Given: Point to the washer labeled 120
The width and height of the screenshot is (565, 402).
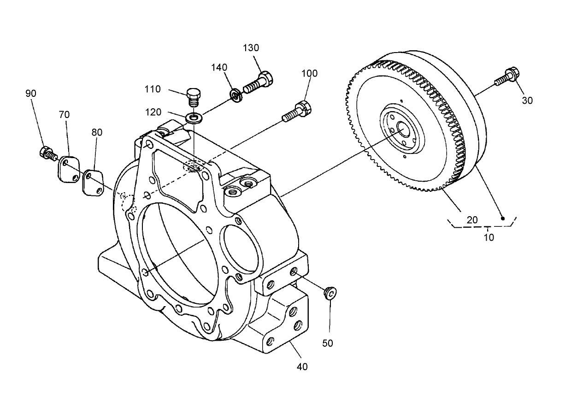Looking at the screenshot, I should pyautogui.click(x=193, y=118).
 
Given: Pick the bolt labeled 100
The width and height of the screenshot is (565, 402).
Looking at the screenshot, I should pyautogui.click(x=297, y=111).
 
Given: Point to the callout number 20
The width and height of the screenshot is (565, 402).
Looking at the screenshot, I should pyautogui.click(x=472, y=220).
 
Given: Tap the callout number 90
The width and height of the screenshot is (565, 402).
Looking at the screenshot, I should pyautogui.click(x=31, y=93).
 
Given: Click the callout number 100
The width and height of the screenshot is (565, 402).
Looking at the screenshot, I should pyautogui.click(x=310, y=73).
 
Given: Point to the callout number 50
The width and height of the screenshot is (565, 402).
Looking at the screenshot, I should pyautogui.click(x=328, y=343).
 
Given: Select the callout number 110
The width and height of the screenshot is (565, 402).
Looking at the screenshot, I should pyautogui.click(x=152, y=89).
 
